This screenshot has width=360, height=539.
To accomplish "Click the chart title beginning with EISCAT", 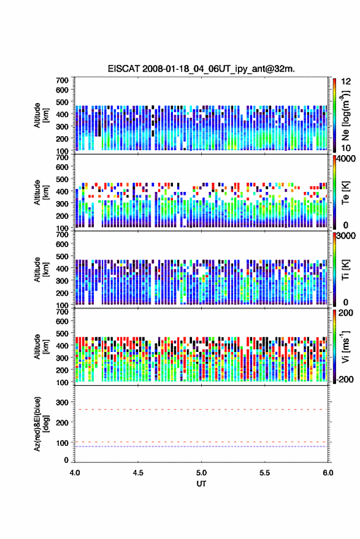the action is tap(201, 69).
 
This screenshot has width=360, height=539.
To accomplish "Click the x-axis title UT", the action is tap(201, 484).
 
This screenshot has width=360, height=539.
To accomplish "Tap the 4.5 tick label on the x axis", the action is tap(138, 473).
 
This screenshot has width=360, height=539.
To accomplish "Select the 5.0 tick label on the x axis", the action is tap(202, 473).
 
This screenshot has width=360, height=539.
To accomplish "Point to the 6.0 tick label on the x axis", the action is tap(328, 473).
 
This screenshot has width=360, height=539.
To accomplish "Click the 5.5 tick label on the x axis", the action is tap(265, 473).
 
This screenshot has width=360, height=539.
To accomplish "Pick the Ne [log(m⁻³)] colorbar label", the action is tap(345, 115).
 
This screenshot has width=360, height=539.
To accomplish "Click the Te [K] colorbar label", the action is tap(345, 193).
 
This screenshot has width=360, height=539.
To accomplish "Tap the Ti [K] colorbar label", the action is tap(345, 270).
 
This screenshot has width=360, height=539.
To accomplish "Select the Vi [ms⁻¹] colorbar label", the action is tap(345, 346).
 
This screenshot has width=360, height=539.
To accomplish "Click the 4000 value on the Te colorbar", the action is tap(347, 159).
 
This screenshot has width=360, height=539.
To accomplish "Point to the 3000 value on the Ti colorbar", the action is tap(347, 236).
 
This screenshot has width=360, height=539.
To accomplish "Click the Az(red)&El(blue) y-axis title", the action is tap(41, 424).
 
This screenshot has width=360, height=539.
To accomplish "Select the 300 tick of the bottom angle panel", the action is tap(63, 402).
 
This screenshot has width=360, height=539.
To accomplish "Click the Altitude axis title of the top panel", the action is tap(41, 115).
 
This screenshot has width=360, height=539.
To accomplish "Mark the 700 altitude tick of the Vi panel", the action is tap(62, 312).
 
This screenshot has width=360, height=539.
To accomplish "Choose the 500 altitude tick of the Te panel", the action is tap(62, 179).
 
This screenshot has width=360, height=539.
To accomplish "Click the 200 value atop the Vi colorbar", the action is tap(345, 313).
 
